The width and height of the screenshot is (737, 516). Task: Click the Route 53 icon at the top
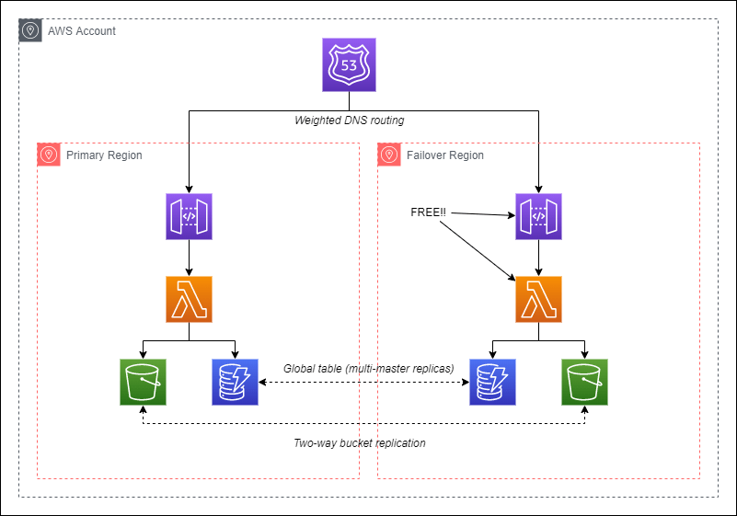pos(350,64)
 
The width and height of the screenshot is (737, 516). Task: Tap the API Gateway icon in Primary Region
pos(189,216)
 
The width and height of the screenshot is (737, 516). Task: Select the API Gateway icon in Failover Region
pos(539,216)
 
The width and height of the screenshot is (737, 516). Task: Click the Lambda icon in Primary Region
pos(189,299)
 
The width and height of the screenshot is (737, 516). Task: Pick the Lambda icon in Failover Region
pos(539,299)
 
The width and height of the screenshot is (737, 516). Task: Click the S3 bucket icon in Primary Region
pos(143,382)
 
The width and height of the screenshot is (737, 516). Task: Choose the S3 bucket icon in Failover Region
pos(585,382)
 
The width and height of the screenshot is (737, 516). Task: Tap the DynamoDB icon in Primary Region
pos(235,382)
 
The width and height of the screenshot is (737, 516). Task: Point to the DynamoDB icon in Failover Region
pos(493,382)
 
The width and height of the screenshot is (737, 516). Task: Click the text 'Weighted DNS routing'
pos(349,120)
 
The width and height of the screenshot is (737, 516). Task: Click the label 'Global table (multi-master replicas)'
pos(368,368)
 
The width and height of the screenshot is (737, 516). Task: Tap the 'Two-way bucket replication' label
pos(359,443)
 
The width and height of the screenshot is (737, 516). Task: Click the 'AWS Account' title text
pos(82,31)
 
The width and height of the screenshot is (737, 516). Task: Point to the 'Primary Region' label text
pos(104,155)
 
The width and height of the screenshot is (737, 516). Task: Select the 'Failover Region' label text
pos(445,155)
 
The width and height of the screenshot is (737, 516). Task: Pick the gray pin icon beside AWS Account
pos(30,30)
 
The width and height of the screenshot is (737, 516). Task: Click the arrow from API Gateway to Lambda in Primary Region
pos(189,258)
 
